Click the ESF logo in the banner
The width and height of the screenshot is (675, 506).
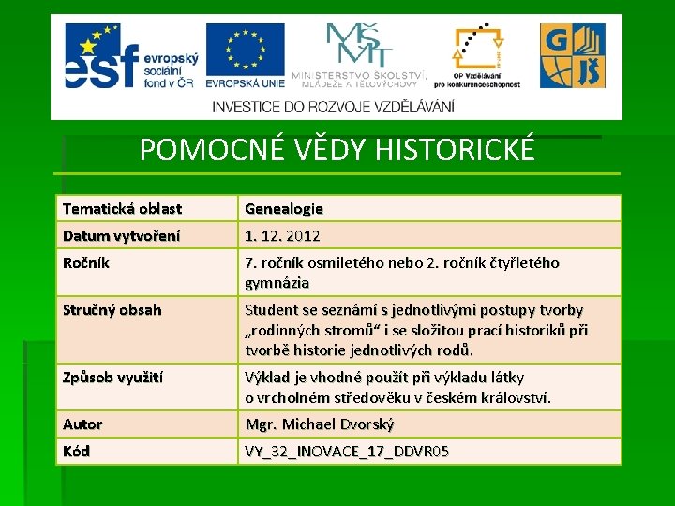tap(126, 55)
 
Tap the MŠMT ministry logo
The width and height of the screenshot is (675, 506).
tap(360, 54)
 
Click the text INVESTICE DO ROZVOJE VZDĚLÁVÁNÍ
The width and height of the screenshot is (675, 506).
tap(334, 106)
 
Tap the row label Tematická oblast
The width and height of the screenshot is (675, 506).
tap(122, 208)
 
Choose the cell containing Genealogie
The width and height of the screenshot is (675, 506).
tap(284, 208)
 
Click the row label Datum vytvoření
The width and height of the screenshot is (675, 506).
tap(122, 235)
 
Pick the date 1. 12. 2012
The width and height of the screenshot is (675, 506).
tap(282, 235)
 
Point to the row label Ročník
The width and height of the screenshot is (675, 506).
tap(86, 263)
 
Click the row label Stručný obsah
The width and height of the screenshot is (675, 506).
tap(112, 310)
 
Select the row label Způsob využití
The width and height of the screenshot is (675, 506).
tap(113, 378)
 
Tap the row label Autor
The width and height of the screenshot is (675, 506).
tap(82, 424)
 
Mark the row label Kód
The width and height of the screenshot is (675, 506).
tap(77, 452)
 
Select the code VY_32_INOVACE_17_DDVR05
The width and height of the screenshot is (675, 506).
tap(347, 452)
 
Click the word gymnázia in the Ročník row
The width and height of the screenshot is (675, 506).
tap(277, 282)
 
